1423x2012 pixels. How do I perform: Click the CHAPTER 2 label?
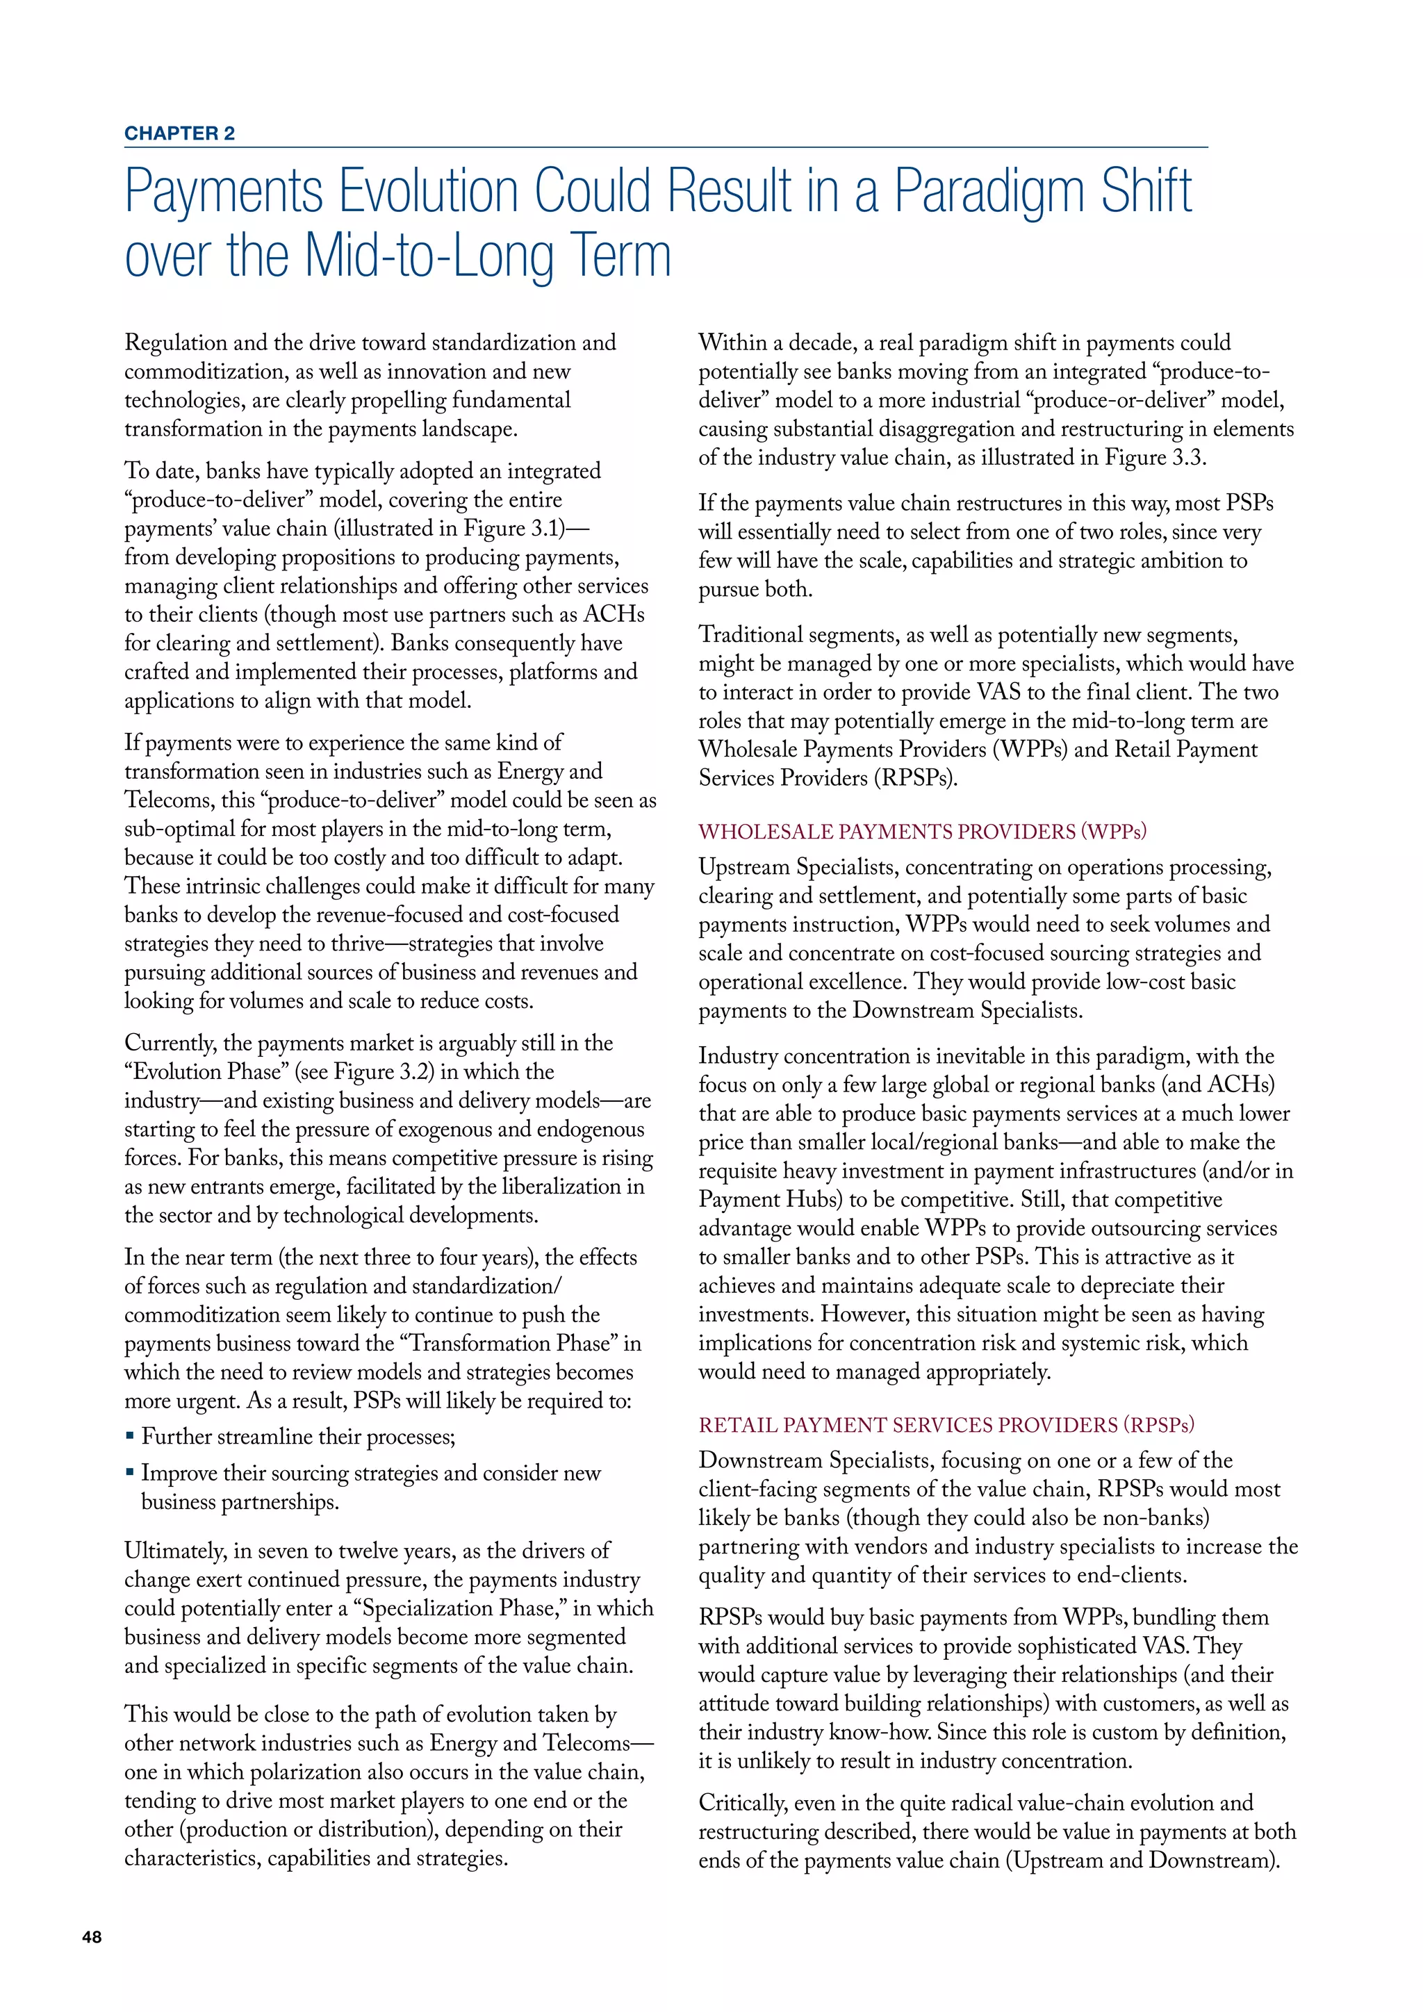coord(180,133)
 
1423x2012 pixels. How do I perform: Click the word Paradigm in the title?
coord(990,191)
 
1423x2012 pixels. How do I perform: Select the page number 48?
coord(91,1938)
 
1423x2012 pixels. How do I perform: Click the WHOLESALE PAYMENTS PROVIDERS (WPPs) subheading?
coord(922,831)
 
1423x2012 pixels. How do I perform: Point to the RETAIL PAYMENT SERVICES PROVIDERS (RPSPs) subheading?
coord(946,1425)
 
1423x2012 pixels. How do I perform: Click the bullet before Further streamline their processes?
coord(130,1436)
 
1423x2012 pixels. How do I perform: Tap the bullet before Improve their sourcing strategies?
coord(130,1472)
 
